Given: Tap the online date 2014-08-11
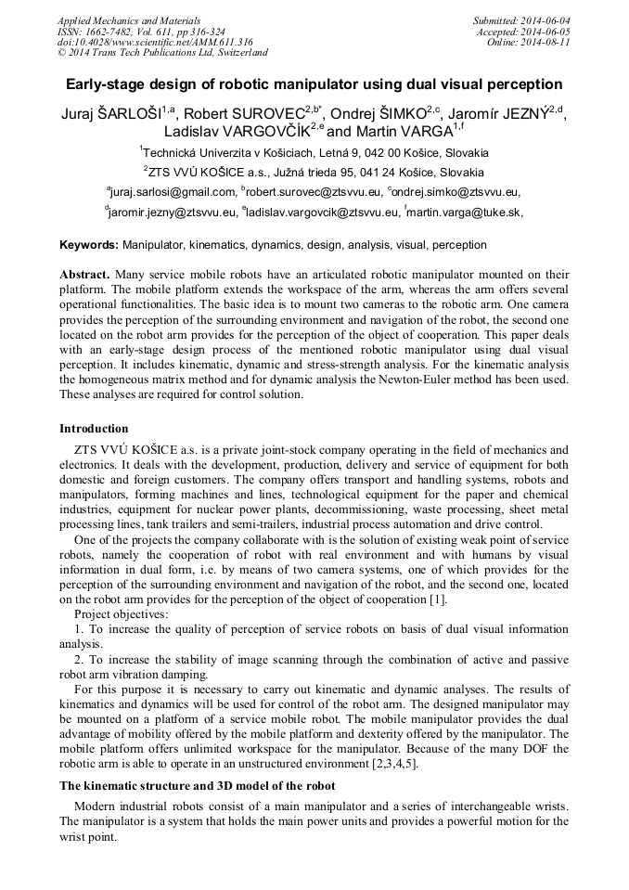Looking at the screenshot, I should [x=548, y=42].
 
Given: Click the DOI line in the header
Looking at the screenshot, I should [x=155, y=42].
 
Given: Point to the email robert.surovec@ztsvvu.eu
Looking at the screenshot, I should [x=314, y=192].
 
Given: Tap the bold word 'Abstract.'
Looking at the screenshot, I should [x=85, y=276].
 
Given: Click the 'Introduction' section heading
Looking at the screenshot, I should [x=94, y=429].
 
